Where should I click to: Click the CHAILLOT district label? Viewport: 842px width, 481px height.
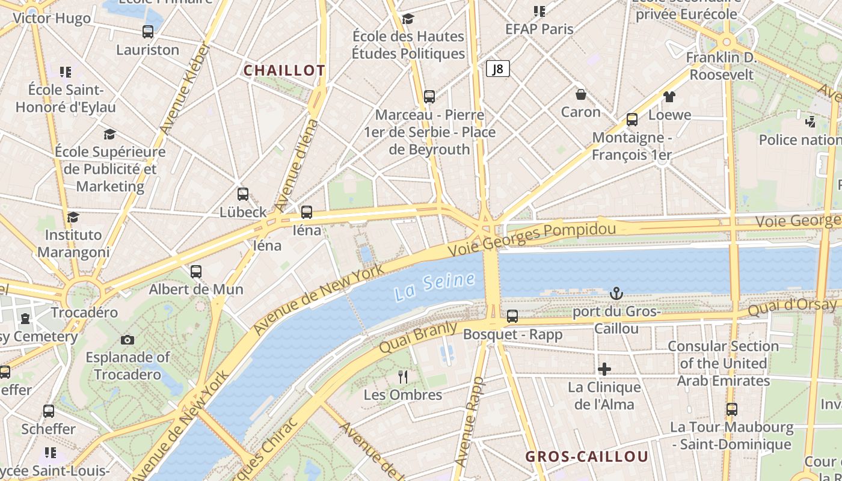pos(284,70)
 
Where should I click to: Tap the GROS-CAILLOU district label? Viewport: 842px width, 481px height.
pos(587,456)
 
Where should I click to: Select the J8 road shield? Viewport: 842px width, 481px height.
pos(497,69)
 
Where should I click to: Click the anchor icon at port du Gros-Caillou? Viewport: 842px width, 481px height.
pos(616,293)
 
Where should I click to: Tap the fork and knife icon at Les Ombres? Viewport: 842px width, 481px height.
pos(403,377)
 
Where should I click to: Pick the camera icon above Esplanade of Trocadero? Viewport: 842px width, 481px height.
pos(127,340)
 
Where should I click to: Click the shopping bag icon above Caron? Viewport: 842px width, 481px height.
pos(581,94)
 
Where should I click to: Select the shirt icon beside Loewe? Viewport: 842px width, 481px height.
pos(669,97)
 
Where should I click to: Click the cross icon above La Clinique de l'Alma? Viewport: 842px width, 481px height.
pos(604,369)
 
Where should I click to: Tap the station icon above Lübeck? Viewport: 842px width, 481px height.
pos(243,194)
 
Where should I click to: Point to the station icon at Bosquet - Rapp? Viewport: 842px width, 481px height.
pos(512,316)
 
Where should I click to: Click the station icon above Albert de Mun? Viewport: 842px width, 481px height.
pos(196,271)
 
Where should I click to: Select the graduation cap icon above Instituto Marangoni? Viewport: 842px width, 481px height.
pos(73,217)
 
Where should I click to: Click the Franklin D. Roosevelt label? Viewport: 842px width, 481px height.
pos(721,66)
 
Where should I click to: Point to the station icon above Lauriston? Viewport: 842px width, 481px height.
pos(148,32)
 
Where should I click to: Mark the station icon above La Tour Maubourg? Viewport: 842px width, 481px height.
pos(731,409)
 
